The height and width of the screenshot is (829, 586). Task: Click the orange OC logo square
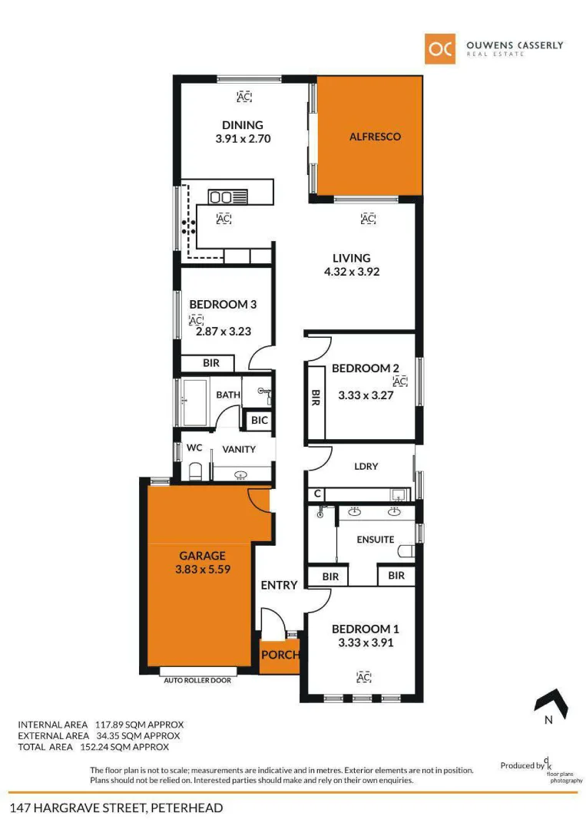pyautogui.click(x=441, y=48)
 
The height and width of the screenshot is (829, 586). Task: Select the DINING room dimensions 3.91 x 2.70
pyautogui.click(x=243, y=139)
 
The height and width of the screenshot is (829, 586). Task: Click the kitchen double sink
pyautogui.click(x=225, y=196)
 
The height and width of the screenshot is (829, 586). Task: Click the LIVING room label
pyautogui.click(x=351, y=258)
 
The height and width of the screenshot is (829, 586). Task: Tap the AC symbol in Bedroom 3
pyautogui.click(x=195, y=319)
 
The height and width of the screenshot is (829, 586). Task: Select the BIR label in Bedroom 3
pyautogui.click(x=213, y=363)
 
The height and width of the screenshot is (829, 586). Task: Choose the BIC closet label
pyautogui.click(x=259, y=421)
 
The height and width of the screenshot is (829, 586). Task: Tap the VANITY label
pyautogui.click(x=239, y=449)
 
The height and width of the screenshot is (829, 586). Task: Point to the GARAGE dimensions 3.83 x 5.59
pyautogui.click(x=203, y=570)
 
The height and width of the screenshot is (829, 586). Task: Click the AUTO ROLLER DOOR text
pyautogui.click(x=197, y=679)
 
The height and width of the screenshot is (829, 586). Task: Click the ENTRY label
pyautogui.click(x=279, y=585)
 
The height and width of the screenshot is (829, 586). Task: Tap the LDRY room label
pyautogui.click(x=366, y=466)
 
